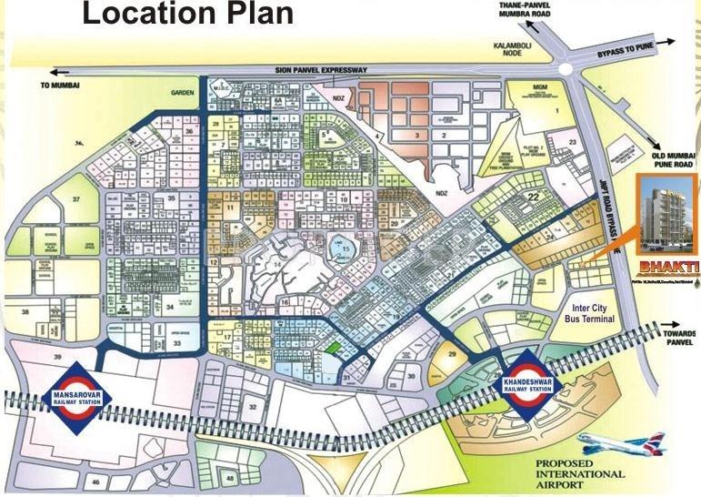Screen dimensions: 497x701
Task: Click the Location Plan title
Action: point(188,15)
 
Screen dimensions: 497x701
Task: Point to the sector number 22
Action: point(535,198)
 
